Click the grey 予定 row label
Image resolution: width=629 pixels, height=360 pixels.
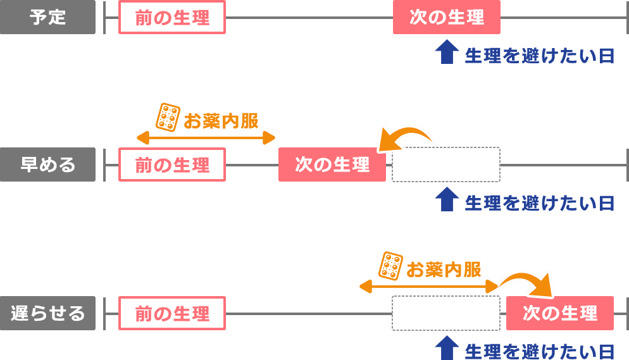[x=47, y=17]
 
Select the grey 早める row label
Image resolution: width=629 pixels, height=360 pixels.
[x=47, y=165]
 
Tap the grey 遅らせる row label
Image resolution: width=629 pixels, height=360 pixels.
[x=47, y=313]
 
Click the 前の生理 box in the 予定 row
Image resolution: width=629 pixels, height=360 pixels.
[x=172, y=17]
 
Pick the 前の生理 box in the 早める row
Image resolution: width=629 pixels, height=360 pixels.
[x=172, y=165]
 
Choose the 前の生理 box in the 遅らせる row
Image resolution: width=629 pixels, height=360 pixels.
[x=172, y=313]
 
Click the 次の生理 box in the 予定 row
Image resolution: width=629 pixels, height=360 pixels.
[x=446, y=17]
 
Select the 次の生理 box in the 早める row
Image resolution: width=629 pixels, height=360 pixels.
[x=332, y=165]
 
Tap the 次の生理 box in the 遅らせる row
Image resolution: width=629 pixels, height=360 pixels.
[x=559, y=313]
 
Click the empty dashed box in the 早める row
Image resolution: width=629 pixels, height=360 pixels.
[x=446, y=165]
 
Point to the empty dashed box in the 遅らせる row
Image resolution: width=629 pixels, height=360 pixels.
[x=446, y=313]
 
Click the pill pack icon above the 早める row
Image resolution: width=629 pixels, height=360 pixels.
[x=168, y=117]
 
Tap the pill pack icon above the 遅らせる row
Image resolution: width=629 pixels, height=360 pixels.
[x=390, y=266]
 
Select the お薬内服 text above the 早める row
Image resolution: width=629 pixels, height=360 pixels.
[x=221, y=120]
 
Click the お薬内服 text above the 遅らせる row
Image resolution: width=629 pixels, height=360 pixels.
[x=444, y=269]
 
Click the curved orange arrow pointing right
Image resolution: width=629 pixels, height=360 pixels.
[x=526, y=281]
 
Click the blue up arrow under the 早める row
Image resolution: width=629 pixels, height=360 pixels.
[x=447, y=200]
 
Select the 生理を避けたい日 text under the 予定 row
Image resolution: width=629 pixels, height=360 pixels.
[x=539, y=56]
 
